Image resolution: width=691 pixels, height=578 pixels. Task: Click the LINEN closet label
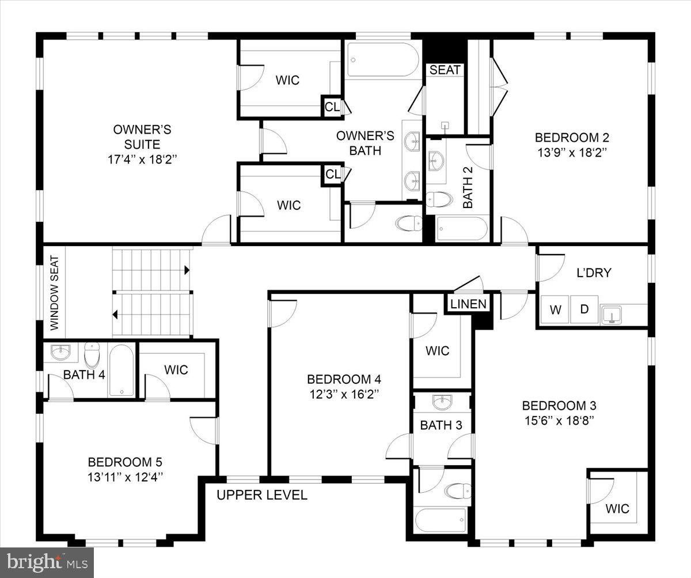coord(468,304)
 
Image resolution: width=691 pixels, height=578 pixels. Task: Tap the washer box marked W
coord(555,309)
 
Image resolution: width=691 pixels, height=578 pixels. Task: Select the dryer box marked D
coord(584,309)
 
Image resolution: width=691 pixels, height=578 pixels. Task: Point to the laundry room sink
coord(612,314)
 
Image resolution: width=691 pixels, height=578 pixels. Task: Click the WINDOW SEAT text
coord(54,293)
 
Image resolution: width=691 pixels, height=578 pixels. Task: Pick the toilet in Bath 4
coord(92,355)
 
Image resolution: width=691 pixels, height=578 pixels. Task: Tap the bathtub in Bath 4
coord(121,370)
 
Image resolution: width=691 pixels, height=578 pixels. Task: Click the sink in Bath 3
coord(442,402)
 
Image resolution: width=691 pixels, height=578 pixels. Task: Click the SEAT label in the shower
coord(445,70)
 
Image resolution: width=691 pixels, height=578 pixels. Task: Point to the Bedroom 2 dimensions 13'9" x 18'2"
coord(572,153)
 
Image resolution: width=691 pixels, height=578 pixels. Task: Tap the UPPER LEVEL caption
coord(262,495)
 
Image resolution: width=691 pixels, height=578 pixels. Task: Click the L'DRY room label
coord(594,273)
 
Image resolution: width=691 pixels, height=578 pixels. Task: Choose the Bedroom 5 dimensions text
coord(125,477)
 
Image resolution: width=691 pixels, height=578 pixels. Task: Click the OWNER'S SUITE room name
coord(142,137)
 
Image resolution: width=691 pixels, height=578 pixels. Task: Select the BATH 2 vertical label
coord(468,187)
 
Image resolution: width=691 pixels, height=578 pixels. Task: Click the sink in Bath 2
coord(436,161)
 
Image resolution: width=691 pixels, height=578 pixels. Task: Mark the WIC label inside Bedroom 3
coord(617,508)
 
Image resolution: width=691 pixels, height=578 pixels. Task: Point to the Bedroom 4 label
coord(344,379)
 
